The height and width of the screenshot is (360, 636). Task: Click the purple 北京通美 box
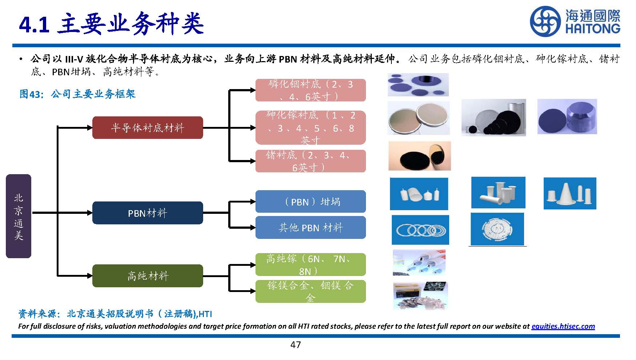point(19,216)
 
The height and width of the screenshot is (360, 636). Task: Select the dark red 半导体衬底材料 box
point(148,128)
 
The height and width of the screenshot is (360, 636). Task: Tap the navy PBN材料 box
point(148,213)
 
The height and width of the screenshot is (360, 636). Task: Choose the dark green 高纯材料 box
point(148,276)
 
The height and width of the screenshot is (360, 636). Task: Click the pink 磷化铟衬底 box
point(310,90)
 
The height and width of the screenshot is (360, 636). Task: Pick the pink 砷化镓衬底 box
point(310,128)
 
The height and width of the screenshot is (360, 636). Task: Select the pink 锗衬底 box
point(310,161)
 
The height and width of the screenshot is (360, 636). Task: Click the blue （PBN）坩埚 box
point(310,201)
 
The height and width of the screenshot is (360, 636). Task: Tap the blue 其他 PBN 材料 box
point(310,228)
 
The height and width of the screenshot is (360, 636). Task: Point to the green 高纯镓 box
point(310,264)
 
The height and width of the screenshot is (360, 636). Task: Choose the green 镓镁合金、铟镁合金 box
point(310,291)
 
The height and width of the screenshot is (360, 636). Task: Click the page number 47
point(295,345)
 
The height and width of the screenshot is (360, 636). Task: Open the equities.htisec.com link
point(563,326)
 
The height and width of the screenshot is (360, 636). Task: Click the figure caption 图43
point(29,94)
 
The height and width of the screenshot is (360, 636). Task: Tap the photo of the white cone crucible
point(570,193)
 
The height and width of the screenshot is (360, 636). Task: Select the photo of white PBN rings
point(420,230)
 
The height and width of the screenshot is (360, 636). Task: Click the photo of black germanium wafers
point(419,156)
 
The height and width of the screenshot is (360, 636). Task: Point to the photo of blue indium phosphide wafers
point(418,85)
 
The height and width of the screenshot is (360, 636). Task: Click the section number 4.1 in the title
point(34,24)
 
